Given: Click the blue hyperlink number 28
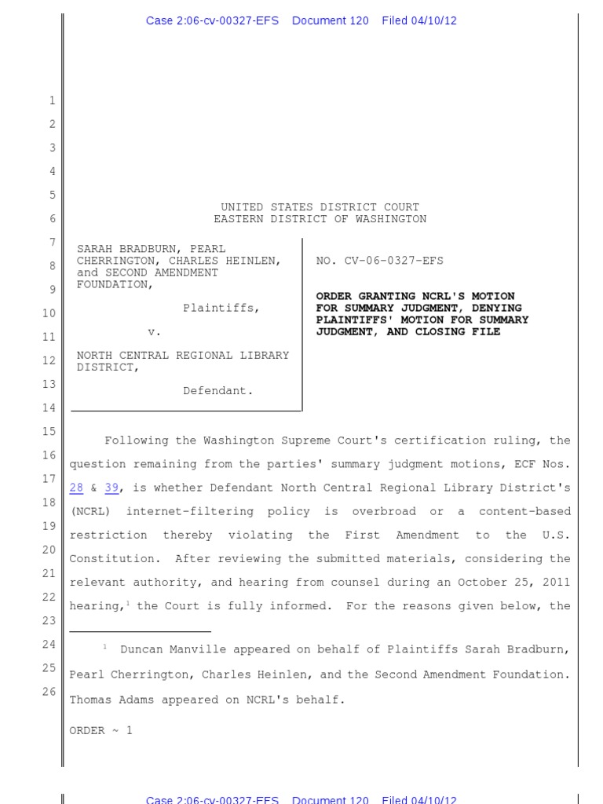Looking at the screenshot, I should tap(76, 488).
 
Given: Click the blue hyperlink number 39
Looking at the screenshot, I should tap(111, 488).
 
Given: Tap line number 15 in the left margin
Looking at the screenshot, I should tap(49, 431).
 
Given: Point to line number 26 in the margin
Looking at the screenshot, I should tap(49, 692).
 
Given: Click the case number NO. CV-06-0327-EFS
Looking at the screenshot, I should tap(379, 261).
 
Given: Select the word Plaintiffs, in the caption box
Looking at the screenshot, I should tap(221, 308).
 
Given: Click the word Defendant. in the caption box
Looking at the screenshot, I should tap(218, 390).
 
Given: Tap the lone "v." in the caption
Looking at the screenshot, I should tap(155, 332).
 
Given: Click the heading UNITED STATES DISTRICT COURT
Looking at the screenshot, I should tap(320, 207).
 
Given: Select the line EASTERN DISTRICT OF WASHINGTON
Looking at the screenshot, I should tap(320, 219).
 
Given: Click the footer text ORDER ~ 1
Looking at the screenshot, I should tap(101, 730).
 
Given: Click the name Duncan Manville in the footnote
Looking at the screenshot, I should tap(165, 649).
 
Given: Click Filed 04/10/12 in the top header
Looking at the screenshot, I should tap(418, 20).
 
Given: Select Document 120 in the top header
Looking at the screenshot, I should tap(330, 20).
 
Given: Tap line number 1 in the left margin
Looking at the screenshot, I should tap(52, 100).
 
